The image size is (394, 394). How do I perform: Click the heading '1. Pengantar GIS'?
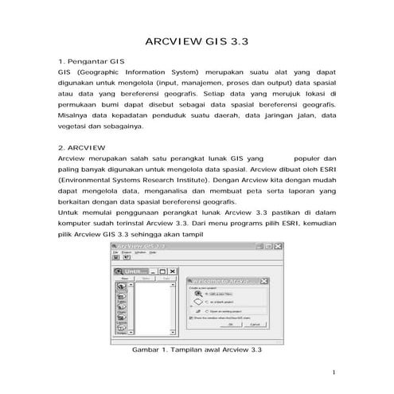[x=88, y=60]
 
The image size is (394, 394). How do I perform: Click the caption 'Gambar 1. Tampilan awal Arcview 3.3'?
[x=196, y=349]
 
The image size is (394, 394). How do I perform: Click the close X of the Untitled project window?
[x=174, y=271]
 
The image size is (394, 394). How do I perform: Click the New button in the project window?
[x=124, y=279]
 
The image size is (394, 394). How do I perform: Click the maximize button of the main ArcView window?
[x=269, y=248]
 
